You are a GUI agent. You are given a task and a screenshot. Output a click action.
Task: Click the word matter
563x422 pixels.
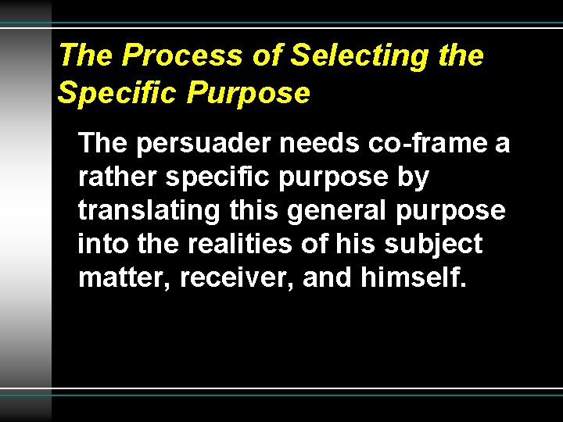(x=124, y=279)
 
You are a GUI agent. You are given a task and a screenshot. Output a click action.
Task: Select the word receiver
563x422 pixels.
(x=236, y=279)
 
